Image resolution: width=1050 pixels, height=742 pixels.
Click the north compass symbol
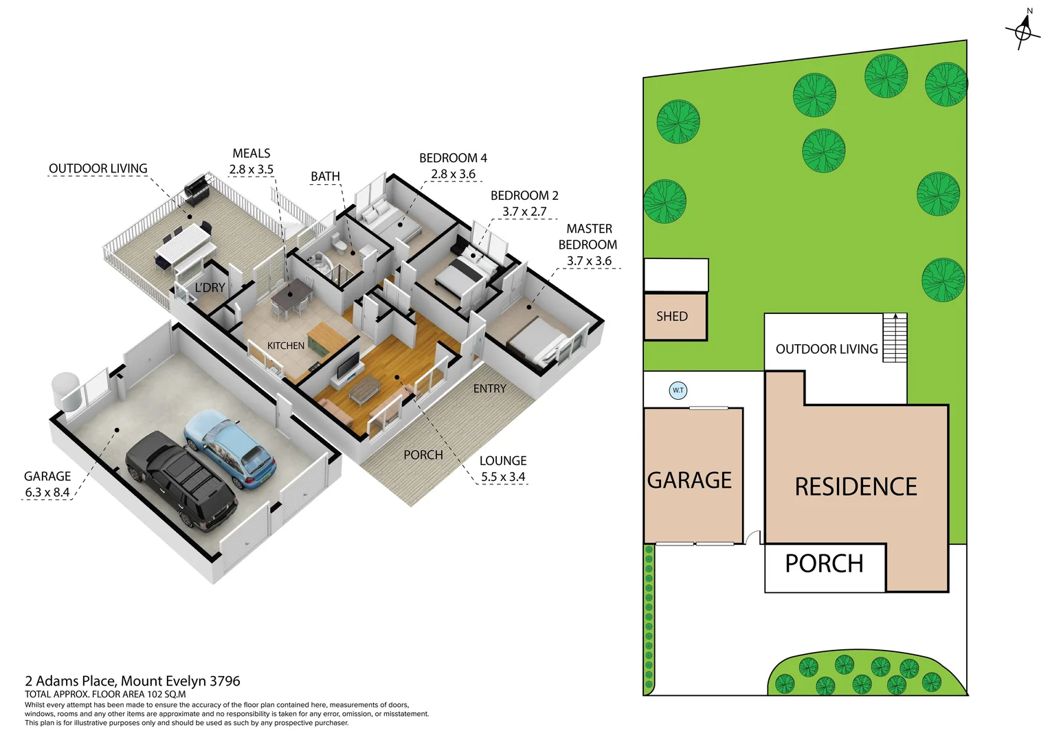1023,30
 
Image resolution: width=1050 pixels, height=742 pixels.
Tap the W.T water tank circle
678,390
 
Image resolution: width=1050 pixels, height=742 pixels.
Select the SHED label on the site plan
671,317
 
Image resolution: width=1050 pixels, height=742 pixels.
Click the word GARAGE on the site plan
689,480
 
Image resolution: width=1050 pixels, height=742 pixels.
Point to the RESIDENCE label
856,487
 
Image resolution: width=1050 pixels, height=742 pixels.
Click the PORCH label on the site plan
824,564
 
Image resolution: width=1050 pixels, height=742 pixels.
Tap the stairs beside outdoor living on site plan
895,337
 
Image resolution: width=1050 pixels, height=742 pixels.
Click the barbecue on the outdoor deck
197,187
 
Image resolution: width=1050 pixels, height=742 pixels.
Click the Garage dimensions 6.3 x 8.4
47,493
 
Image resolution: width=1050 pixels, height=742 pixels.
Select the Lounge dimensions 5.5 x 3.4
503,477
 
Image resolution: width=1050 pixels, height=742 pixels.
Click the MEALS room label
252,153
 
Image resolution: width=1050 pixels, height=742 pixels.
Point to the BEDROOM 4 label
453,158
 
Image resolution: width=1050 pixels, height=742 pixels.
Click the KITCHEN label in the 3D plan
286,346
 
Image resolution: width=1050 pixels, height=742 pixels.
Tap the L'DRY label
210,287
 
